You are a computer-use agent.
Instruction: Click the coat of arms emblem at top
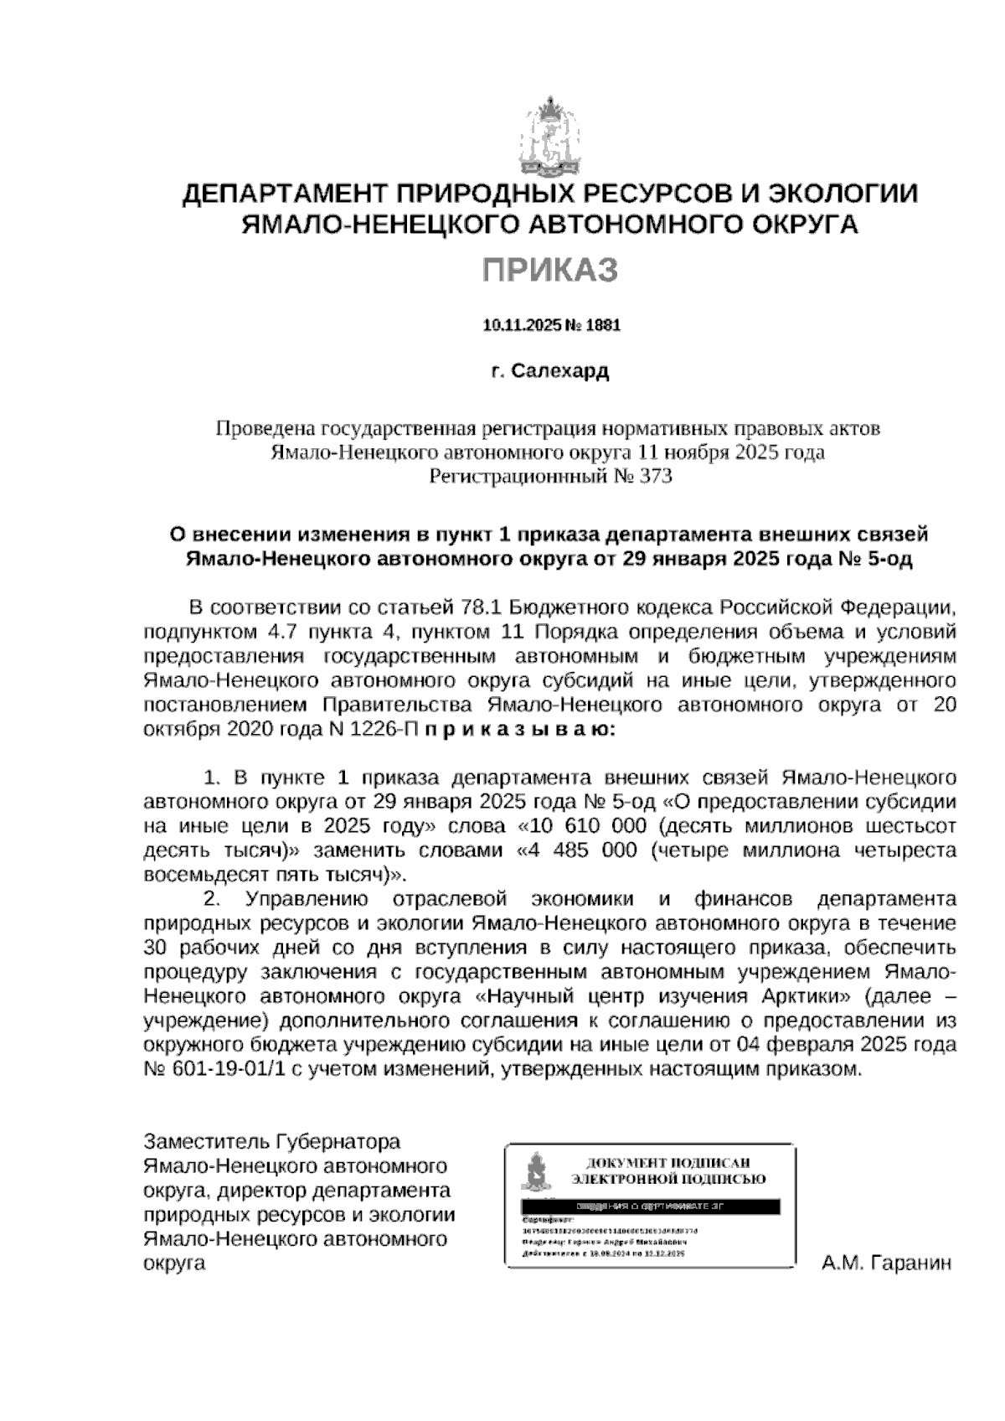click(x=550, y=141)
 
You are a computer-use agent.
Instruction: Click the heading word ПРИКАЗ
click(x=550, y=271)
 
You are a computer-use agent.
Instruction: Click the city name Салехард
click(x=560, y=371)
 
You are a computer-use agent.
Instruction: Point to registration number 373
click(x=657, y=477)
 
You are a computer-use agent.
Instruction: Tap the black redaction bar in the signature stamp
click(x=650, y=1207)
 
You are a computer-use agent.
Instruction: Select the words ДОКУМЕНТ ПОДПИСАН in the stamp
click(x=667, y=1163)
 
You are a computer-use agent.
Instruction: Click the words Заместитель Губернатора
click(x=272, y=1142)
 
